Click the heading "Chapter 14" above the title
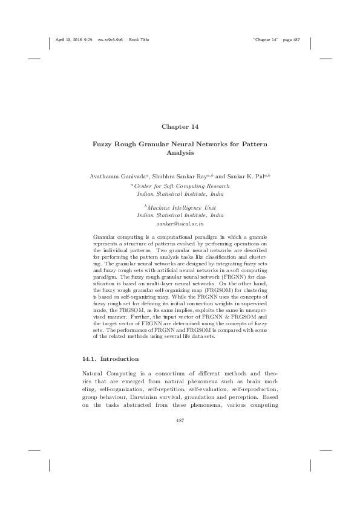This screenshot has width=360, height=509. click(x=180, y=126)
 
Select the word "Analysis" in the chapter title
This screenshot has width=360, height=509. click(x=180, y=154)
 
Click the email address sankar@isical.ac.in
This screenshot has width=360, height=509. click(x=180, y=224)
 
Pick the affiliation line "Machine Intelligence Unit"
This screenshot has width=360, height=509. click(x=182, y=207)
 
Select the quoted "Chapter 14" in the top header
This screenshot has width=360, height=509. click(x=266, y=40)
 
